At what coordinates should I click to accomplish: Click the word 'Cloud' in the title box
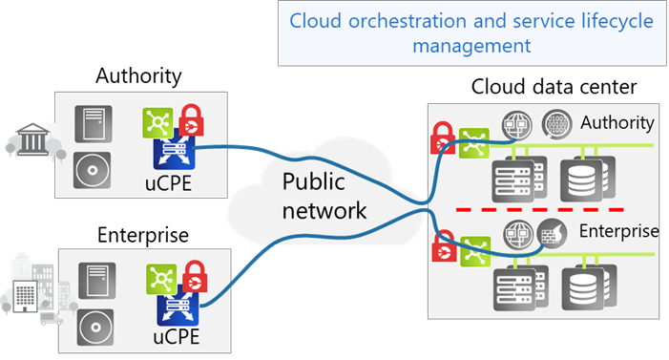[x=318, y=20]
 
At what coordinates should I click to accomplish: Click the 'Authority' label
[x=617, y=122]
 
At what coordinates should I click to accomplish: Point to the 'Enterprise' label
[x=618, y=231]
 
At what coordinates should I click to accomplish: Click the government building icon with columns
[x=26, y=140]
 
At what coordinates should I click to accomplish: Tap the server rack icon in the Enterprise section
[x=512, y=286]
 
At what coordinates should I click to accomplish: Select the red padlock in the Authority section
[x=443, y=139]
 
